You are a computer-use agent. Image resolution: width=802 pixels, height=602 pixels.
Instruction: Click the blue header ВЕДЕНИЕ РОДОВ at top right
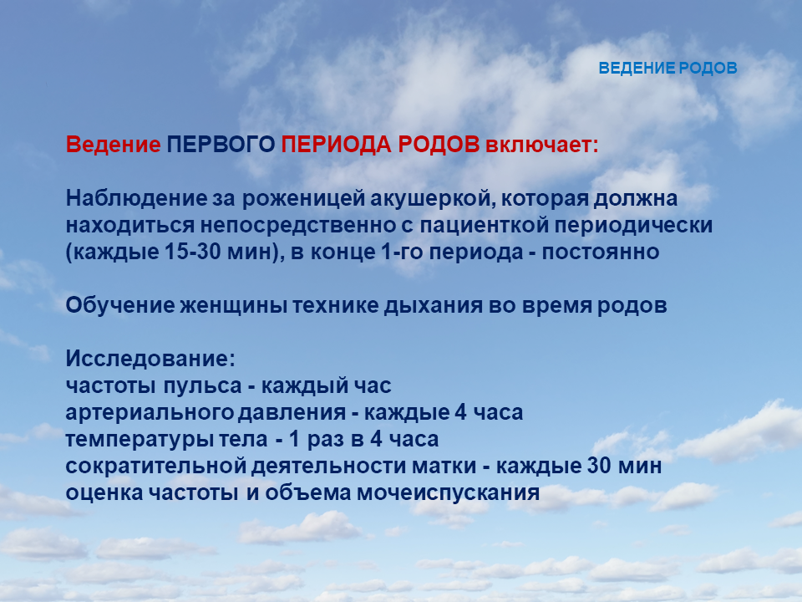pyautogui.click(x=667, y=68)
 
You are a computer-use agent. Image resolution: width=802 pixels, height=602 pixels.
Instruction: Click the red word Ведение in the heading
pyautogui.click(x=113, y=145)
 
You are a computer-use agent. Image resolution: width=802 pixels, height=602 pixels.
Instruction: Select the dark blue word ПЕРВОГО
pyautogui.click(x=221, y=145)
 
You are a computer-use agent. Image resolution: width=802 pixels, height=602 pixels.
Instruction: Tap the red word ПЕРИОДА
pyautogui.click(x=336, y=145)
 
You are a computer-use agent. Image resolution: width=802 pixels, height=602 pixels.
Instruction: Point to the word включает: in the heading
pyautogui.click(x=541, y=145)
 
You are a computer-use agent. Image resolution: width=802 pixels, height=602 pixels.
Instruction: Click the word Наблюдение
pyautogui.click(x=136, y=198)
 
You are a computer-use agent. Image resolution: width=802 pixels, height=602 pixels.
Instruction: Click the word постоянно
pyautogui.click(x=601, y=252)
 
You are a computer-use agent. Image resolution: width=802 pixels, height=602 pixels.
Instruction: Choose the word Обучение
pyautogui.click(x=120, y=305)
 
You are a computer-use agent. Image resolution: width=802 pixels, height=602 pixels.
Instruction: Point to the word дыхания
pyautogui.click(x=433, y=306)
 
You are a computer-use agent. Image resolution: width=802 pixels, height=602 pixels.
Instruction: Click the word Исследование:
pyautogui.click(x=150, y=359)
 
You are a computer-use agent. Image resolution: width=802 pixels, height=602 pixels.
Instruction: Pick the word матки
pyautogui.click(x=444, y=466)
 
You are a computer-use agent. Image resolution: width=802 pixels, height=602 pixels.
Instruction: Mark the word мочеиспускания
pyautogui.click(x=448, y=493)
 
